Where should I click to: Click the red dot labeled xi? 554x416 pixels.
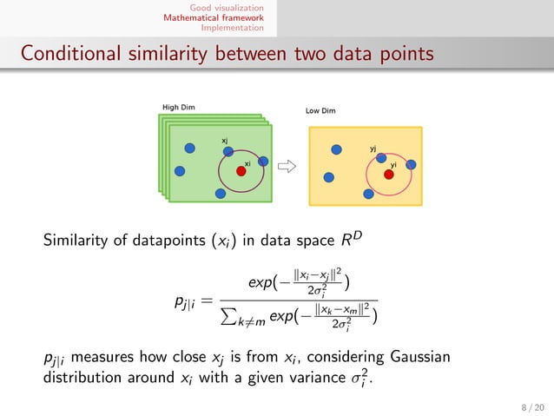coord(241,172)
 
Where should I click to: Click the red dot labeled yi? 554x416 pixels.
coord(389,175)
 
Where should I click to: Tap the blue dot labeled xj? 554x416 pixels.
coord(228,151)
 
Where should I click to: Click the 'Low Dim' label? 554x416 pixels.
coord(320,111)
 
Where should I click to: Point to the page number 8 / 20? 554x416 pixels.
coord(526,404)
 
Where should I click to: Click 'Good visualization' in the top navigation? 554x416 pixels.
coord(229,7)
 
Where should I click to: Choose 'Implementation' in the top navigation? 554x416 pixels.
coord(233,27)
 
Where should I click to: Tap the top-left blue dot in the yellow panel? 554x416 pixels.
coord(333,149)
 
